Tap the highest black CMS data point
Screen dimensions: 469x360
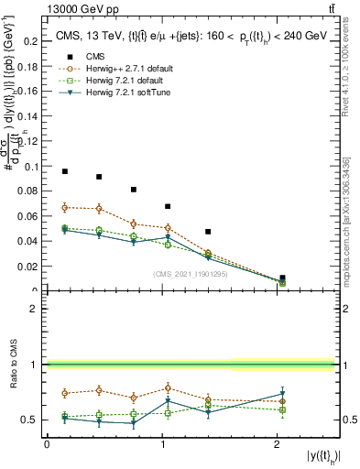65,171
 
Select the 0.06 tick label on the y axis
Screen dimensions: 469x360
30,217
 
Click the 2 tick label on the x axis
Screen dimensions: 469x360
277,444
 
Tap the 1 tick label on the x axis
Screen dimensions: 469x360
161,444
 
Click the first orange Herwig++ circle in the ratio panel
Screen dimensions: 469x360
65,393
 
